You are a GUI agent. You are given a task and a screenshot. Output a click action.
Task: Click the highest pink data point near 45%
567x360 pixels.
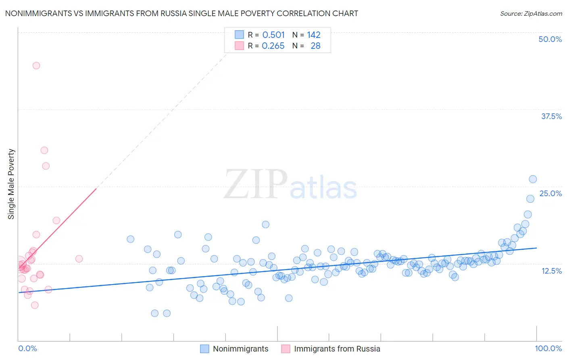[36, 65]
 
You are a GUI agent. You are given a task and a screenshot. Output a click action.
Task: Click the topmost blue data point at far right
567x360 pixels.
[533, 179]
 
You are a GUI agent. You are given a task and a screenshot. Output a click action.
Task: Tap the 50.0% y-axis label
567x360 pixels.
[550, 39]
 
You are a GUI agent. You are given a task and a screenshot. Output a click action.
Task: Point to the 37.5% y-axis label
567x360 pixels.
[551, 116]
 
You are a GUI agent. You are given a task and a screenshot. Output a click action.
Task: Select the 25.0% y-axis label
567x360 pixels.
[550, 193]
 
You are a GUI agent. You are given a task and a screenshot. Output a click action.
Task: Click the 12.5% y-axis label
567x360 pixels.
[551, 271]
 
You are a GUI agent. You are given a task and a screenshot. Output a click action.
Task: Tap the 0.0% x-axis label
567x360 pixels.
[27, 348]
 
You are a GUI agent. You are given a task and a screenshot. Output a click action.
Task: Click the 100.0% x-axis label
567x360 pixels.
[548, 348]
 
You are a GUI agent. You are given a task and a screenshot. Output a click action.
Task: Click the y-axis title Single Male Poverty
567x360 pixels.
[11, 184]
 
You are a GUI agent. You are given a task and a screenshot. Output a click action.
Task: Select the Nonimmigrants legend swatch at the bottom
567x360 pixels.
[205, 349]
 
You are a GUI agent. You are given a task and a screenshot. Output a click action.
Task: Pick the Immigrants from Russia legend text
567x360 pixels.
[337, 349]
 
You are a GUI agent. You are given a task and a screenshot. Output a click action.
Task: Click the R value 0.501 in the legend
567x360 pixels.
[273, 35]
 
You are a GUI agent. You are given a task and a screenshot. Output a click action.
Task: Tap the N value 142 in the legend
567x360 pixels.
[314, 35]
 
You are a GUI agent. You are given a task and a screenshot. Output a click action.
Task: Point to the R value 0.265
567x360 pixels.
[273, 46]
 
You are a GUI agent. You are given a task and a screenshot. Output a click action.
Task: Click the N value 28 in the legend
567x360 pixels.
[315, 46]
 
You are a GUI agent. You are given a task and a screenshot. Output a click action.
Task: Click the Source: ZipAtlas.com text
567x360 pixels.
[531, 13]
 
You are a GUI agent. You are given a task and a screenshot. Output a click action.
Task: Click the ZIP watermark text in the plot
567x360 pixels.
[255, 184]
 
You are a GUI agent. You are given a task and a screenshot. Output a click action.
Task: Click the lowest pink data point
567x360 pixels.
[35, 305]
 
